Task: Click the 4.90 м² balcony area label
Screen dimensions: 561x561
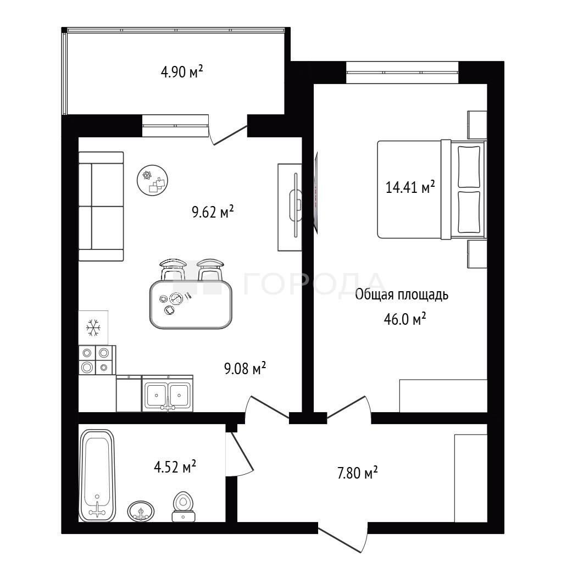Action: [182, 72]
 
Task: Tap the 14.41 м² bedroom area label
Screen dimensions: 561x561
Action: [410, 187]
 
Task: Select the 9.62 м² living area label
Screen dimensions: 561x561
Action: [213, 212]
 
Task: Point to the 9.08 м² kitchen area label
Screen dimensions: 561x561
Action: [245, 368]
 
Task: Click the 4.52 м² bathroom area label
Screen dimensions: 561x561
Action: [175, 466]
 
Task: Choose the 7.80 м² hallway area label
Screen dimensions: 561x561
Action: [357, 473]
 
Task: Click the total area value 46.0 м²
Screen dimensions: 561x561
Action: [404, 319]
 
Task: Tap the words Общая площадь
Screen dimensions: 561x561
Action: [402, 295]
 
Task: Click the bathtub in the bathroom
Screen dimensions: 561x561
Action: [97, 475]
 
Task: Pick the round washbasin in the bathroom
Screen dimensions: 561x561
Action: [141, 510]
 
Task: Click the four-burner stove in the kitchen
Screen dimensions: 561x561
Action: [97, 360]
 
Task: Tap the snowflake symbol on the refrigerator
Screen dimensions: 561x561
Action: [93, 327]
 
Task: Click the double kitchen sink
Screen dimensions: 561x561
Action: [168, 393]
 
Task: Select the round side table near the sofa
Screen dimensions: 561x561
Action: [152, 180]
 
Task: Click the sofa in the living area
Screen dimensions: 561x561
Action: [101, 206]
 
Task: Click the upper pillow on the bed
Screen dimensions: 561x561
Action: [469, 166]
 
